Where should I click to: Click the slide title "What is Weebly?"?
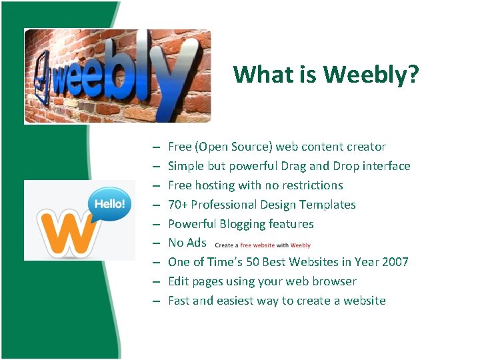(x=326, y=75)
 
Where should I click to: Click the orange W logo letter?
(x=67, y=233)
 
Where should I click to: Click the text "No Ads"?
(x=187, y=243)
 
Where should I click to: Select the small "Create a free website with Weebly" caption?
(x=263, y=245)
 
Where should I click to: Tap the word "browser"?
(x=335, y=281)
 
